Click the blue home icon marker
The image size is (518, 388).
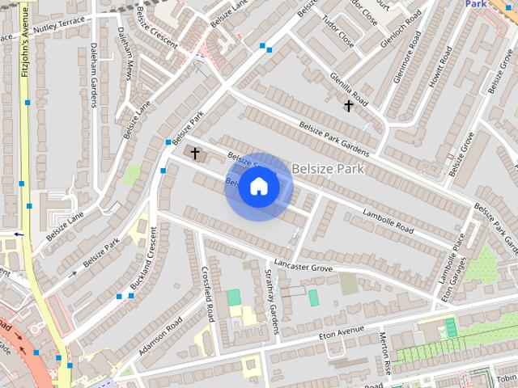pos(258,187)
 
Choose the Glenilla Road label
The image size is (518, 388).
pos(349,86)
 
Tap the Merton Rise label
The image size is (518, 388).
pos(385,353)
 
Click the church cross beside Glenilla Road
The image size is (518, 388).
pos(349,106)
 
